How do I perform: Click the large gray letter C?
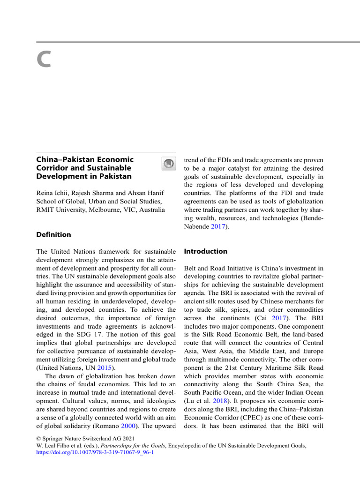pos(43,60)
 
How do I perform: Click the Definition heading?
pos(54,234)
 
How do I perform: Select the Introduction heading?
pos(205,251)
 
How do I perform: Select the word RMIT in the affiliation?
pos(45,210)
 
